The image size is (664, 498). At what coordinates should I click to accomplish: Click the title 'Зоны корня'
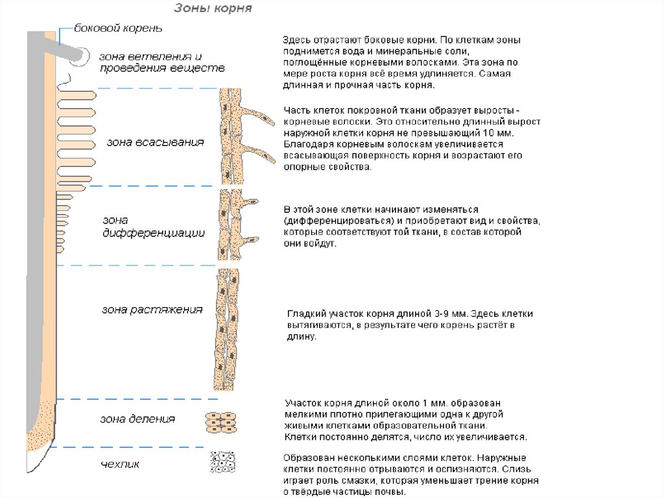(x=213, y=8)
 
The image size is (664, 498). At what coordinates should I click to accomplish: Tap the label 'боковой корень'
(x=118, y=29)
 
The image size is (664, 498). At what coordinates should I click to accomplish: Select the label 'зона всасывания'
(x=155, y=143)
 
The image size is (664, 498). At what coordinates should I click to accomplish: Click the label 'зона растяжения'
(x=152, y=310)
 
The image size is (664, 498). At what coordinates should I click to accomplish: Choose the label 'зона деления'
(x=137, y=419)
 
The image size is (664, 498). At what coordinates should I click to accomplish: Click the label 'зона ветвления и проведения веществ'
(x=161, y=62)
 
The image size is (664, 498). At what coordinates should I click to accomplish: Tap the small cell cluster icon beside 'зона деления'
(x=220, y=422)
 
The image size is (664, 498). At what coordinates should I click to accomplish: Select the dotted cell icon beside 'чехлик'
(x=222, y=462)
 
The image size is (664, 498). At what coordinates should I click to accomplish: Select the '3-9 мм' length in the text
(x=451, y=314)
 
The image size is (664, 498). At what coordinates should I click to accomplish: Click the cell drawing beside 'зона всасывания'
(x=230, y=136)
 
